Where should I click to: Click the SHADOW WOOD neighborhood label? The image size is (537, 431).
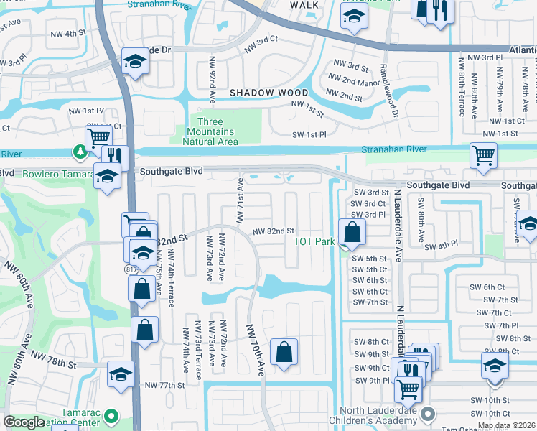269,93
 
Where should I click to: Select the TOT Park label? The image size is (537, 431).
314,241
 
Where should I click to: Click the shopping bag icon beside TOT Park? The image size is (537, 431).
352,233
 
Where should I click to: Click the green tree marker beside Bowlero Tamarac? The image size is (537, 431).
78,152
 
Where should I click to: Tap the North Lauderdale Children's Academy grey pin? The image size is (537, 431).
428,413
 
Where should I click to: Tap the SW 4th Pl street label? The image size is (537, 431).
441,246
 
